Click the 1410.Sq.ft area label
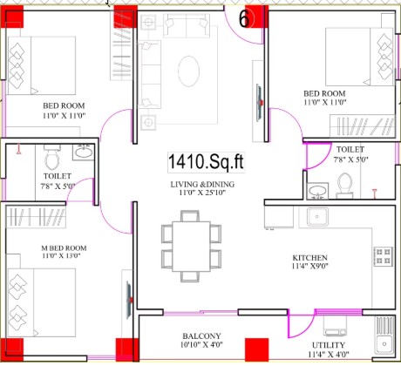coord(206,162)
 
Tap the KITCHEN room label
coord(309,258)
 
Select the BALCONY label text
coord(201,336)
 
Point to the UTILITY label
coord(329,345)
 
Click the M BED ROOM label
coord(64,248)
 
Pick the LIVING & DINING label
coord(202,184)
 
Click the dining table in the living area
coord(191,247)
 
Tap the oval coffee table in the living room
coord(189,71)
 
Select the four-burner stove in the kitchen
coord(384,256)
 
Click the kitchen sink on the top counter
coord(317,217)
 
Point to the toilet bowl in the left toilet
coord(52,159)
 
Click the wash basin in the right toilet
coord(317,191)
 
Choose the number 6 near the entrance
coord(244,19)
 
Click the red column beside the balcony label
coord(256,349)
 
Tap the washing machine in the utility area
coord(335,326)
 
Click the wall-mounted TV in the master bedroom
coord(129,300)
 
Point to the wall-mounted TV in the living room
coord(259,103)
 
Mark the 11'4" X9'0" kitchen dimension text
coord(309,266)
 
